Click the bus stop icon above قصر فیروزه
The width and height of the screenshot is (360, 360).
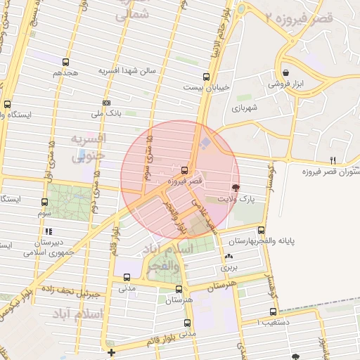tap(184, 169)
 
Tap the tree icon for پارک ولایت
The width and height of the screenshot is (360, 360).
tap(235, 188)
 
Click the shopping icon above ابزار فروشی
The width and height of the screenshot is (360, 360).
tap(285, 72)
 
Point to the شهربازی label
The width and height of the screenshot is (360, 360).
tap(245, 108)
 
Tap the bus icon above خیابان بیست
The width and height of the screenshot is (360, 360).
tap(206, 77)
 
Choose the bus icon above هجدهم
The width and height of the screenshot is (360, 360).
tap(65, 62)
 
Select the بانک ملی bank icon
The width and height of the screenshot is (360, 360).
tap(106, 103)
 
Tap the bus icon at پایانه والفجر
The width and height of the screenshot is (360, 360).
tap(262, 230)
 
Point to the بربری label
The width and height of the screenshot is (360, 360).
tap(230, 267)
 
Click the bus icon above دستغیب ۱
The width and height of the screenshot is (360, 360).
tap(273, 312)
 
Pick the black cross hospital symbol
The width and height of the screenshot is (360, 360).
tap(111, 352)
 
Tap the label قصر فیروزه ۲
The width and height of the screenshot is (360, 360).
tap(314, 18)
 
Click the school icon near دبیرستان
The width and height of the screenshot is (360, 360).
tap(48, 231)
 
